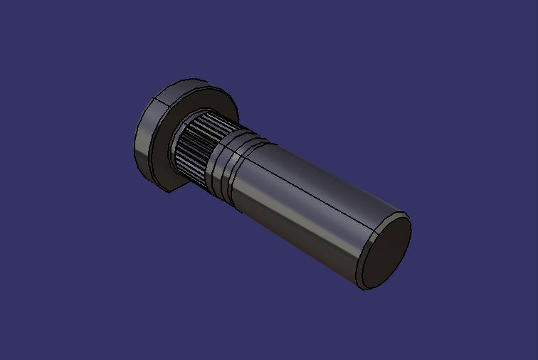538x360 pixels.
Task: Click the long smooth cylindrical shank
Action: click(306, 206)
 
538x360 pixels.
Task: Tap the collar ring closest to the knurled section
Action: click(216, 160)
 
